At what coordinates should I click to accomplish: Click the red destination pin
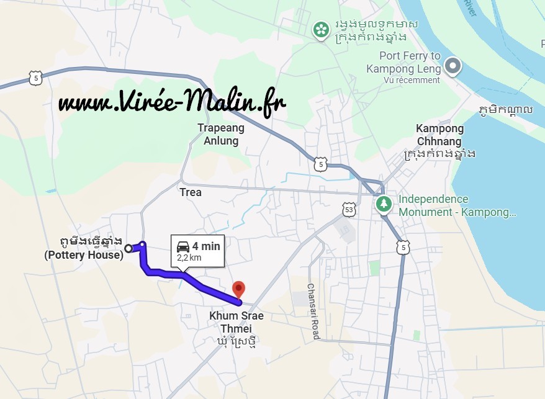[238, 289]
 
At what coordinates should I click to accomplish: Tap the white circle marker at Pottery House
[128, 248]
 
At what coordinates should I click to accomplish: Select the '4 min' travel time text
[205, 246]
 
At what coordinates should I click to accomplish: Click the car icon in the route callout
[183, 246]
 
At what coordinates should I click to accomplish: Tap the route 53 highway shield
[349, 210]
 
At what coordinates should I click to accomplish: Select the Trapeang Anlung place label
[221, 134]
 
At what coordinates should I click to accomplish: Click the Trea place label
[191, 192]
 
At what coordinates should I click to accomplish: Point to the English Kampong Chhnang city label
[439, 135]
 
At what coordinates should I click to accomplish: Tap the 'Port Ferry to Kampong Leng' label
[403, 62]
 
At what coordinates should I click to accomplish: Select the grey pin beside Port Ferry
[454, 65]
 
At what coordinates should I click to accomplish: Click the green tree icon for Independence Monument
[384, 204]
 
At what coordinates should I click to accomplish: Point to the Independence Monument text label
[457, 205]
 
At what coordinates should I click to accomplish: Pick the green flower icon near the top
[320, 29]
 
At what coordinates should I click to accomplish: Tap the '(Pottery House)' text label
[84, 254]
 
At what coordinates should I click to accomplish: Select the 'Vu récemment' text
[412, 80]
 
